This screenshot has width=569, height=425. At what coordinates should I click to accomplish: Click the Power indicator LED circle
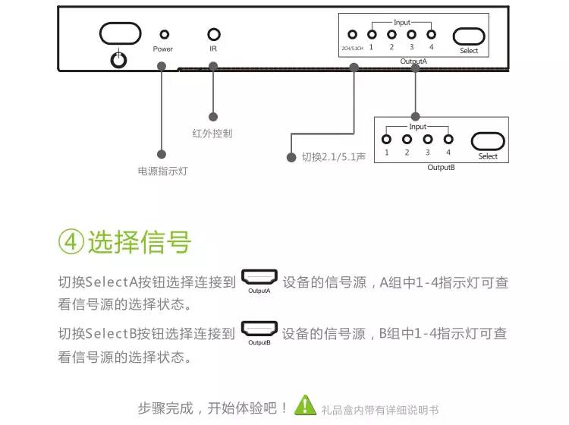click(164, 35)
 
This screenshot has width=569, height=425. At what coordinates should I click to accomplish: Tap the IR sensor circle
click(214, 34)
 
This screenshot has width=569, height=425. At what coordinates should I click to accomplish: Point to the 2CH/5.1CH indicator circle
click(352, 34)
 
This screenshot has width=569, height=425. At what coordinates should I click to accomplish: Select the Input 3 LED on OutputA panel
click(411, 34)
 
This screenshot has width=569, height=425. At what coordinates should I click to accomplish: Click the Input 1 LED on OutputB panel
click(387, 140)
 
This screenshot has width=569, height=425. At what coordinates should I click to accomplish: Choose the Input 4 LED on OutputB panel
click(448, 140)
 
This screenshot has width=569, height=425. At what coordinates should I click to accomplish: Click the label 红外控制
click(212, 134)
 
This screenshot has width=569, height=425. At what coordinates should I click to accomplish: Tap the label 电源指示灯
click(162, 172)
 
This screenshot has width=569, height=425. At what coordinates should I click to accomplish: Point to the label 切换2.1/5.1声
click(334, 158)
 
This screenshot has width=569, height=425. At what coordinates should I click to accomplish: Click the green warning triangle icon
click(306, 405)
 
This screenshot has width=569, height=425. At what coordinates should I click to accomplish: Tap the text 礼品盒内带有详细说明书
click(380, 408)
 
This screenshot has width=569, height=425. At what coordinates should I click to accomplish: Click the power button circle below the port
click(118, 60)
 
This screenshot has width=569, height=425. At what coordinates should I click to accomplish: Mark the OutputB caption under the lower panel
click(441, 167)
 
